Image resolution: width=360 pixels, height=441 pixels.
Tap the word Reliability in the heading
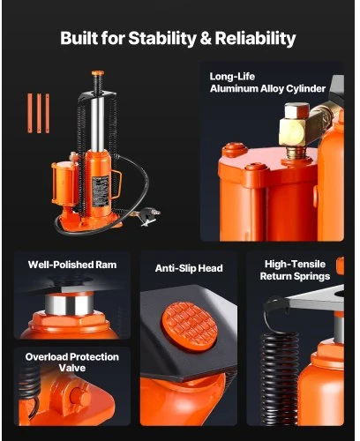coord(255,39)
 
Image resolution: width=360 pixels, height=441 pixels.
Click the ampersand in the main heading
coord(206,39)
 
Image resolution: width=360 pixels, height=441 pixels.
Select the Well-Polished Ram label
coord(72,265)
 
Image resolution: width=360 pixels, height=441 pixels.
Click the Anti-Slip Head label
coord(189,268)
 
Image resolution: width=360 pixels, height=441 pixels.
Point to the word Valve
coord(72,368)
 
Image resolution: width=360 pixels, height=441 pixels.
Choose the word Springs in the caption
coord(312,277)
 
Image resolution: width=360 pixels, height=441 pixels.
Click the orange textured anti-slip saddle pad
coord(190,326)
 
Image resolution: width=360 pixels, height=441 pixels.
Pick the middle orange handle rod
coord(39,113)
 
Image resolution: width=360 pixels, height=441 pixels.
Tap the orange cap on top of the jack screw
coord(98,73)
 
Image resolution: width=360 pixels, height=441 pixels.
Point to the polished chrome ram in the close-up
coord(70,304)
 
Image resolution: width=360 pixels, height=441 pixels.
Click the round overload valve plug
coord(80,397)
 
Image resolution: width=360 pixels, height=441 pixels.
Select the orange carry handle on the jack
coord(116,184)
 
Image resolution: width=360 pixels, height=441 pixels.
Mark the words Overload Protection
coord(72,357)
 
